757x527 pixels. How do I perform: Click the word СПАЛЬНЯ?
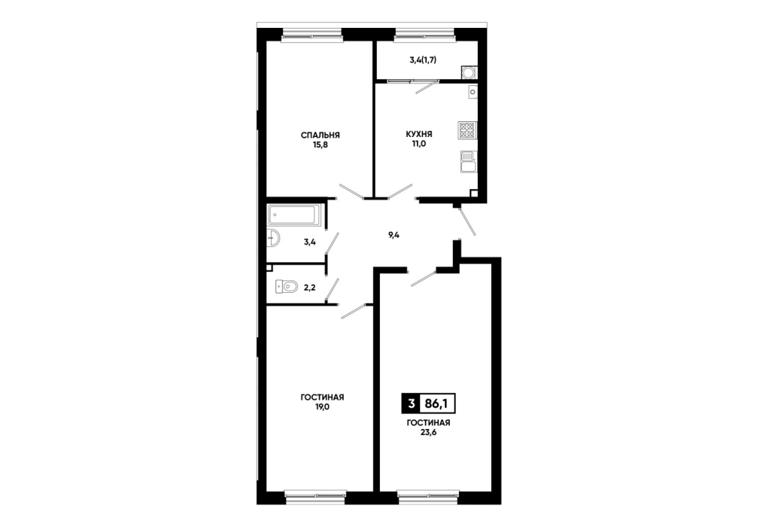pyautogui.click(x=320, y=136)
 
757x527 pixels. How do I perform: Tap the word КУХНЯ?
pyautogui.click(x=418, y=134)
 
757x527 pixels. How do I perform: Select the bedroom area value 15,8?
pyautogui.click(x=320, y=145)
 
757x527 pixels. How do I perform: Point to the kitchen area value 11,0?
pyautogui.click(x=418, y=144)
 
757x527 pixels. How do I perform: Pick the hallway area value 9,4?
pyautogui.click(x=394, y=235)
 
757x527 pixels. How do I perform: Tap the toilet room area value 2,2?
pyautogui.click(x=309, y=288)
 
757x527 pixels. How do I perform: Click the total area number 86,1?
pyautogui.click(x=437, y=404)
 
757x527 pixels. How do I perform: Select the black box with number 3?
pyautogui.click(x=411, y=404)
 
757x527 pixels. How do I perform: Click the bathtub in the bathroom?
pyautogui.click(x=293, y=215)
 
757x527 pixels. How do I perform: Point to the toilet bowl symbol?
pyautogui.click(x=286, y=287)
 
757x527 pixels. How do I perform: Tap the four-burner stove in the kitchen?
pyautogui.click(x=467, y=130)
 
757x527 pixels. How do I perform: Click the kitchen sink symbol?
pyautogui.click(x=468, y=162)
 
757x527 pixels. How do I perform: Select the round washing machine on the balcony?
pyautogui.click(x=468, y=72)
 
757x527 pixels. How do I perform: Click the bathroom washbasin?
pyautogui.click(x=273, y=238)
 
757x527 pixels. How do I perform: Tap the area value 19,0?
pyautogui.click(x=322, y=407)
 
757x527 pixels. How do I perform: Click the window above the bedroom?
pyautogui.click(x=312, y=35)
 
